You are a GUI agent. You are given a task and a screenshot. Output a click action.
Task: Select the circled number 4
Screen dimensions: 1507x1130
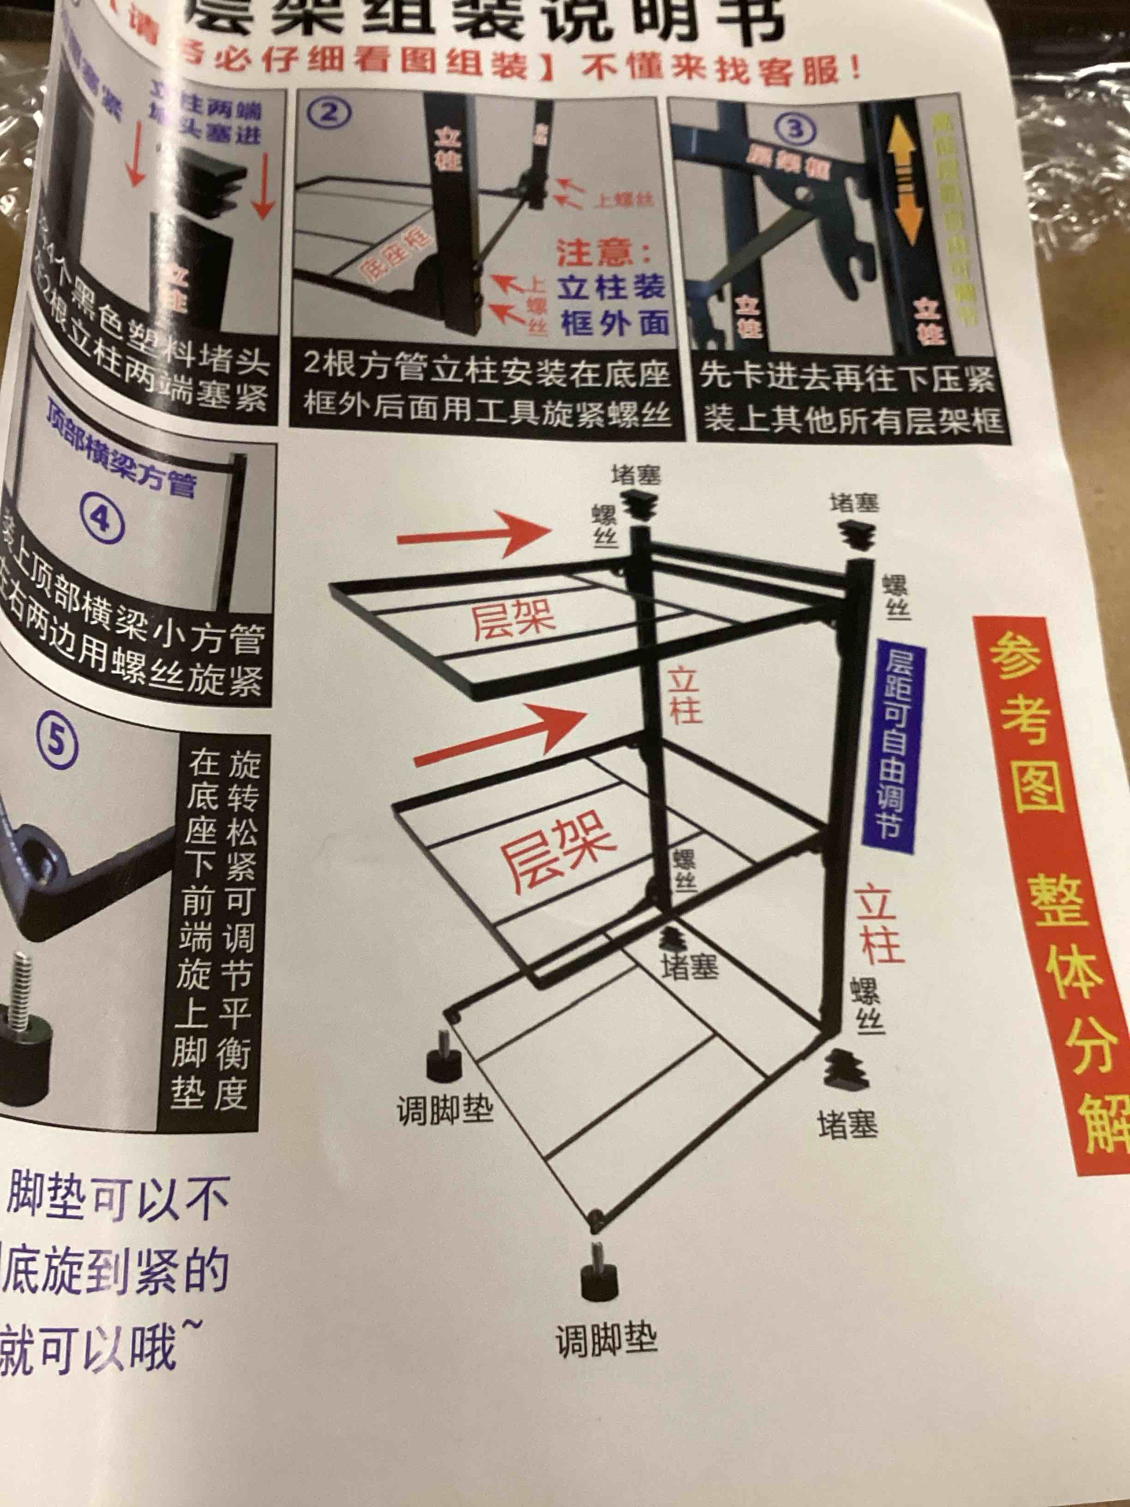pyautogui.click(x=102, y=520)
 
